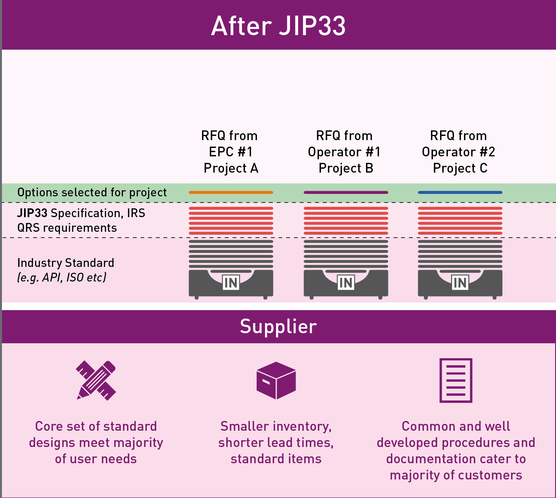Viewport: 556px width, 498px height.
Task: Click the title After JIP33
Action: pos(278,26)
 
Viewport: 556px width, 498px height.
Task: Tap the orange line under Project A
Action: pos(231,192)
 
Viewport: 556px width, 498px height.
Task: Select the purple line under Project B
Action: pos(346,192)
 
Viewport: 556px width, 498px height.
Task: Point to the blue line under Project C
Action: pos(460,192)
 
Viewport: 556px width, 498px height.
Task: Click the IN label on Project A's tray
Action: pos(231,283)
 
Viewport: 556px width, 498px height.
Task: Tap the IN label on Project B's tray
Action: pos(346,283)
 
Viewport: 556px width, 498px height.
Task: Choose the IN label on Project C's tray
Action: pos(460,283)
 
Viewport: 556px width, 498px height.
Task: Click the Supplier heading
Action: pos(278,326)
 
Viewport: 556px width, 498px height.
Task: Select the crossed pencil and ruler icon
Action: pos(96,380)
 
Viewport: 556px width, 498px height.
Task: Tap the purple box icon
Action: pos(276,380)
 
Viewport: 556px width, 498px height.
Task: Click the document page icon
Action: pos(456,380)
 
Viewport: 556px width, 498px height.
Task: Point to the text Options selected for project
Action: pos(92,192)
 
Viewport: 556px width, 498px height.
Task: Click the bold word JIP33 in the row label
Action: pos(32,213)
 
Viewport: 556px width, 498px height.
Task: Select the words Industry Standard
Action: pos(66,263)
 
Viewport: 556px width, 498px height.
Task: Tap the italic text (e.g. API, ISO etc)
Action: pos(62,278)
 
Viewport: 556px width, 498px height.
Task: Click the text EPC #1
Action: pos(231,152)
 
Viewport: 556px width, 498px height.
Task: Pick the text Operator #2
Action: pos(458,152)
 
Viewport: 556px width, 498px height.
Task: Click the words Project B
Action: pos(346,168)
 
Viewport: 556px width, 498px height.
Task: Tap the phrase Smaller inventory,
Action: pos(276,426)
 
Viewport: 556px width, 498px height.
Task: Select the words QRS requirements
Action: pos(67,228)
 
